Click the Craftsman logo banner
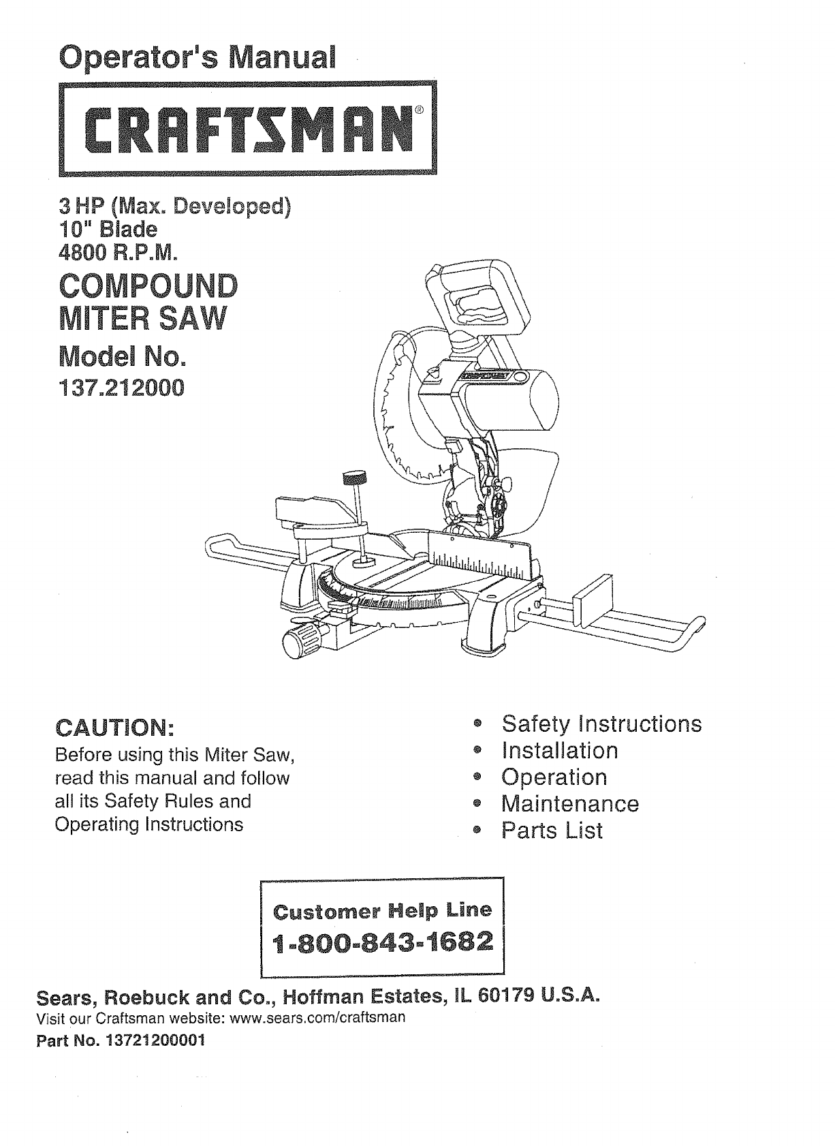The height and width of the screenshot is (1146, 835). pyautogui.click(x=248, y=128)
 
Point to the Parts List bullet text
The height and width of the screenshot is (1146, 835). pyautogui.click(x=552, y=831)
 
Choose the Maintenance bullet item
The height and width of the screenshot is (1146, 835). pyautogui.click(x=570, y=804)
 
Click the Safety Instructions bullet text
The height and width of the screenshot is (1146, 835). pyautogui.click(x=601, y=724)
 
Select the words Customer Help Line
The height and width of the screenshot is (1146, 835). pyautogui.click(x=381, y=910)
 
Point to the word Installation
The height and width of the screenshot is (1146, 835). pyautogui.click(x=560, y=751)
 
